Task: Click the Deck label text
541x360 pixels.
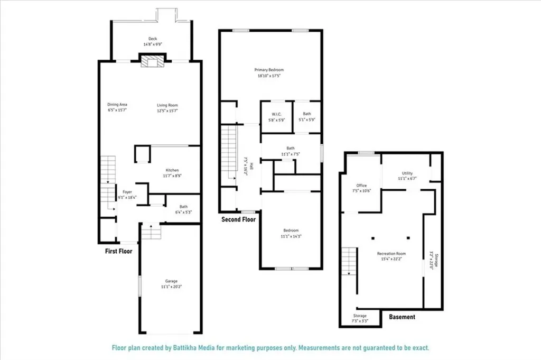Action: tap(153, 39)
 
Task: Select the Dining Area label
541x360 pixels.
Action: tap(117, 105)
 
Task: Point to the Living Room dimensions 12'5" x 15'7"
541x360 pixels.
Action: tap(167, 110)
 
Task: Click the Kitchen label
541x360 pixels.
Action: tap(172, 170)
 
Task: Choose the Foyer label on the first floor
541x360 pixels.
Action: tap(127, 192)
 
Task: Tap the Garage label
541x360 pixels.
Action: tap(171, 281)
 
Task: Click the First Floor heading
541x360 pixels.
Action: tap(118, 251)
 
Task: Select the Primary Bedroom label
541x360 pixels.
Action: tap(269, 70)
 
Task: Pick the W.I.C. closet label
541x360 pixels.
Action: tap(276, 114)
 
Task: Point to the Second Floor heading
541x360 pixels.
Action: tap(238, 219)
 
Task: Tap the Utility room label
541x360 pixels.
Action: tap(407, 173)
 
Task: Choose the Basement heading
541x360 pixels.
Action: tap(402, 317)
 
